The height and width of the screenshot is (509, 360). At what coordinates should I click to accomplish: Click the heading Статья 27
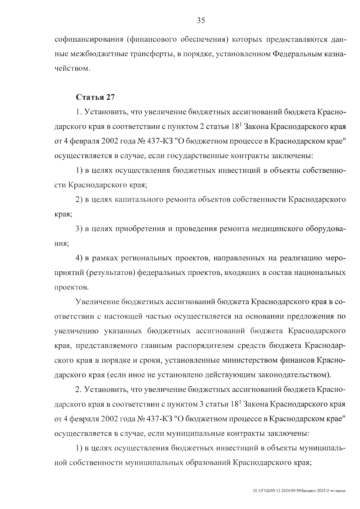click(x=95, y=97)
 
